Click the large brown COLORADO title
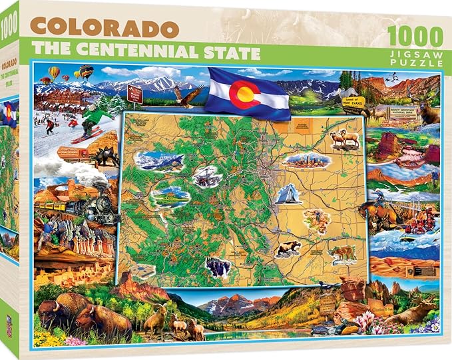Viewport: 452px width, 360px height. click(x=105, y=28)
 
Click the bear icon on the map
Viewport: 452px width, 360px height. click(x=288, y=248)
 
